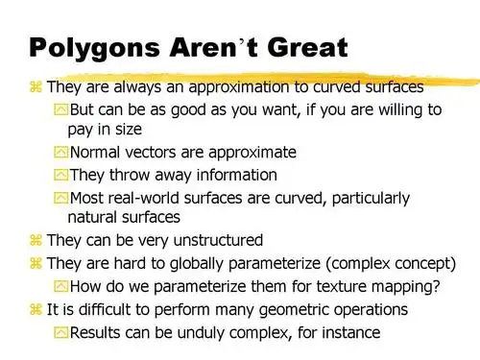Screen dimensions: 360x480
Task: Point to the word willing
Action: coord(388,109)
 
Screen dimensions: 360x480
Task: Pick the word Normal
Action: coord(96,153)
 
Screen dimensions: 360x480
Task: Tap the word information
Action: coord(233,175)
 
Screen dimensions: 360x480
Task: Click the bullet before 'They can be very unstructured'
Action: coord(36,241)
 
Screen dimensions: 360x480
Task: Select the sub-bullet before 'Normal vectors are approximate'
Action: coord(61,153)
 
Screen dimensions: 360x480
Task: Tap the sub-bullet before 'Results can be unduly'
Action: coord(61,332)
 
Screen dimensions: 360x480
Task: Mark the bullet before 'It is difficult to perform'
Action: coord(36,309)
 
